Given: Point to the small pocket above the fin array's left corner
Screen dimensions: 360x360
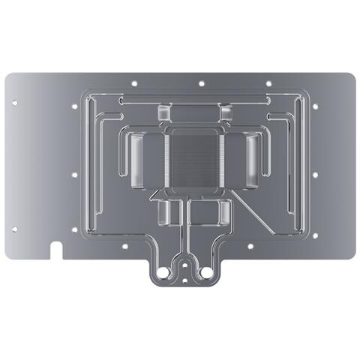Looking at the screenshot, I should (x=164, y=113).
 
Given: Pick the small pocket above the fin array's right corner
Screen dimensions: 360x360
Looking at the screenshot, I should (x=226, y=113).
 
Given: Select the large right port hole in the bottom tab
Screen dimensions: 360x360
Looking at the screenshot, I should (x=207, y=268).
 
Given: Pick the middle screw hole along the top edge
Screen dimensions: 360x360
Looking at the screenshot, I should (x=201, y=82).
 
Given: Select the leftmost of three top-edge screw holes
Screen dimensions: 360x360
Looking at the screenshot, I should (x=133, y=82).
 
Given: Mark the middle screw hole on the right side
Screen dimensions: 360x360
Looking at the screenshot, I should (x=314, y=175).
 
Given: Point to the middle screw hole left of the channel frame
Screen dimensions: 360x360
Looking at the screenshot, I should (x=73, y=175).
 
